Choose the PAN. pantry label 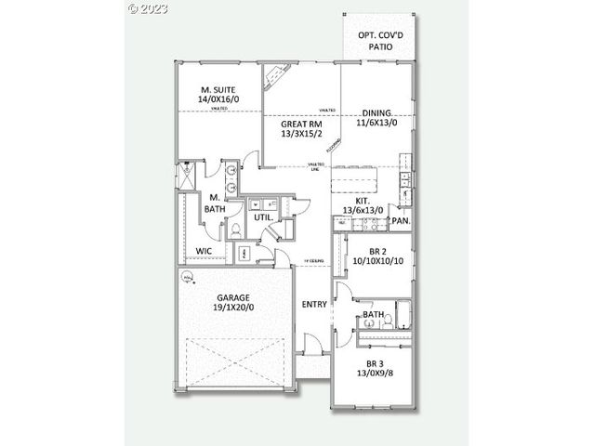click(401, 221)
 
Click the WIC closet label click(205, 251)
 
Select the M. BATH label click(214, 203)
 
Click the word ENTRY click(314, 305)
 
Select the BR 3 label click(376, 363)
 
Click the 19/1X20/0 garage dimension click(233, 308)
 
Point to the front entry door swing click(315, 348)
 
